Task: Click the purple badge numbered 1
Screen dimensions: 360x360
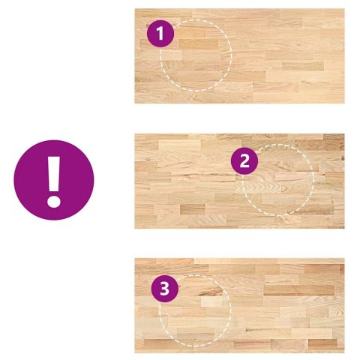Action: coord(160,34)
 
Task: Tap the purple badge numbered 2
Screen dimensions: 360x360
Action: coord(244,160)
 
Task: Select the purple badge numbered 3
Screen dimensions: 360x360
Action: coord(165,289)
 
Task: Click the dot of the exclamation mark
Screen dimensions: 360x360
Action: coord(54,199)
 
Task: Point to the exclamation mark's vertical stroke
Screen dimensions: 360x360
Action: coord(54,174)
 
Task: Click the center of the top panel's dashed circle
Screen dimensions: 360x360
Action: coord(196,55)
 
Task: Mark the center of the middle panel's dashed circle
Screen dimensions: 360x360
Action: coord(277,180)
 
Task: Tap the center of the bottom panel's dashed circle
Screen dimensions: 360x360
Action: coord(195,310)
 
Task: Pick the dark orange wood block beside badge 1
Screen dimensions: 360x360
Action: coord(199,44)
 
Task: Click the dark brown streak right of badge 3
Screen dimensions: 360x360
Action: coord(210,291)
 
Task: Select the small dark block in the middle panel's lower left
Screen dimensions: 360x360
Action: coord(193,209)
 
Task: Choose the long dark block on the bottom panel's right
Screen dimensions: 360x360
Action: coord(299,290)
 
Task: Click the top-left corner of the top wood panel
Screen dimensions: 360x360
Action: coord(135,9)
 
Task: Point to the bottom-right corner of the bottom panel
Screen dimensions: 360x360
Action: coord(344,352)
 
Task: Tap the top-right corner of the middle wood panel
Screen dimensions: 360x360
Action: coord(344,134)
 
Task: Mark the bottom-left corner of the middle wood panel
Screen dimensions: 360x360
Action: coord(135,228)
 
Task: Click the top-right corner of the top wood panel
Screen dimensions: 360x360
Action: coord(344,9)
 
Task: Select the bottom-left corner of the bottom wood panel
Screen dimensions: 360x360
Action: coord(135,352)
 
